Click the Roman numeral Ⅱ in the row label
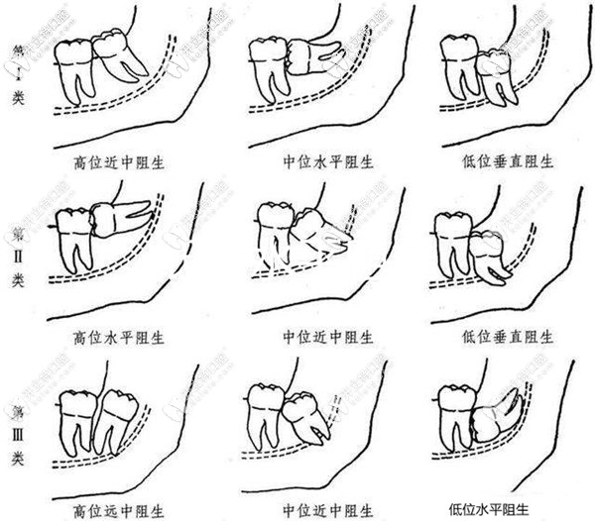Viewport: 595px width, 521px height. pos(18,240)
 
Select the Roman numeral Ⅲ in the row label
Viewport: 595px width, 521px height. pos(18,416)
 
